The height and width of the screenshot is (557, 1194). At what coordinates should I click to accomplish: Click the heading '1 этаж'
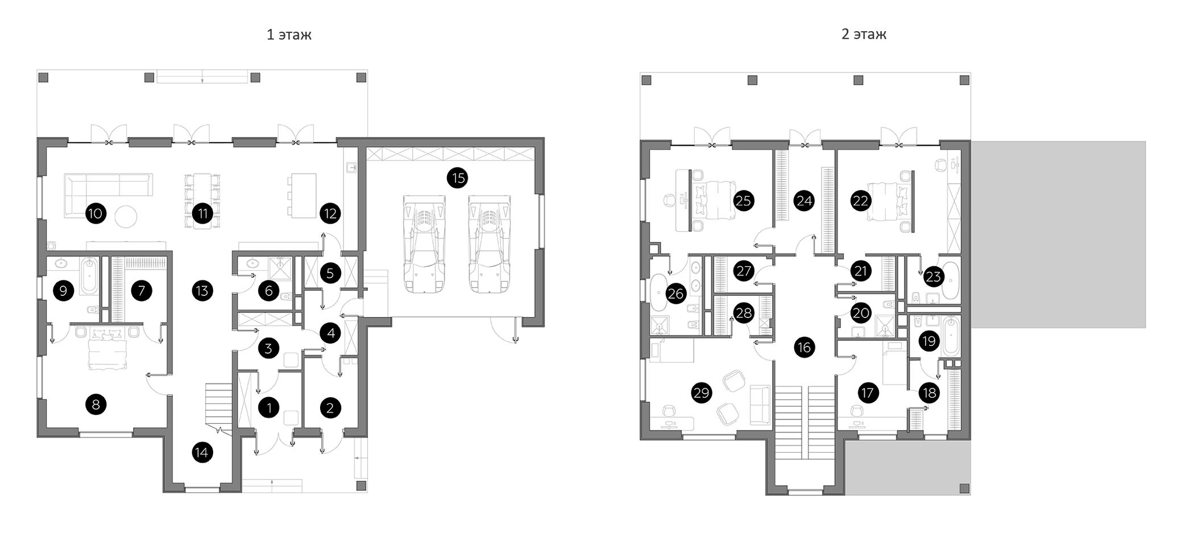(289, 35)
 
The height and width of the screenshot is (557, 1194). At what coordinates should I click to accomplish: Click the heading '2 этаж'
(864, 34)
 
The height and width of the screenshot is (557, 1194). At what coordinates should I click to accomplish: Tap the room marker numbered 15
(458, 178)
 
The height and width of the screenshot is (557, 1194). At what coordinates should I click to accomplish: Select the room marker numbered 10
(96, 214)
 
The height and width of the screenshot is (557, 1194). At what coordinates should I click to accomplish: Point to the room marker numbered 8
(96, 405)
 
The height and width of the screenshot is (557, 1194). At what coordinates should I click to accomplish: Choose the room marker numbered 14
(202, 453)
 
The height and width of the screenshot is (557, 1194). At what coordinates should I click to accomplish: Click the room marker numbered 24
(804, 201)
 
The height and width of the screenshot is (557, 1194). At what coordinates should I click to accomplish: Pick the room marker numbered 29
(702, 393)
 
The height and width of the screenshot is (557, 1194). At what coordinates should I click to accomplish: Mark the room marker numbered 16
(804, 347)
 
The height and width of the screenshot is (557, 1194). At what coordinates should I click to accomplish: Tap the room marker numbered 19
(929, 341)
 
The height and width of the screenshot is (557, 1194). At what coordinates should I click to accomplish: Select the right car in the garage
(490, 244)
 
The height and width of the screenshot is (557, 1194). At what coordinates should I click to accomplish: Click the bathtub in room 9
(89, 277)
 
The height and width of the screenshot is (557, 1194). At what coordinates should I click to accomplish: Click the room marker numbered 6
(268, 291)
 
